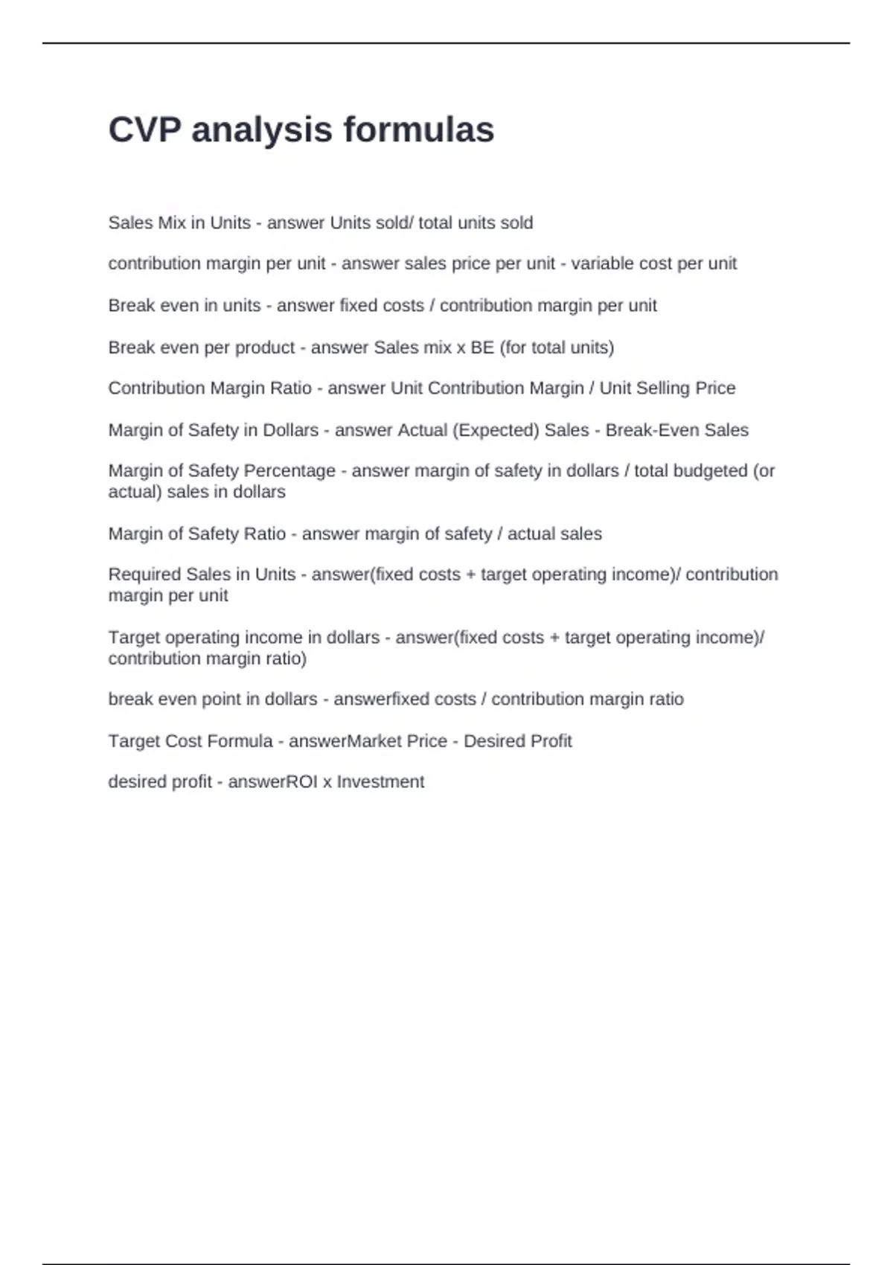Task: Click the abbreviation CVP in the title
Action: tap(145, 129)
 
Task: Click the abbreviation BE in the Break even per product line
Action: tap(482, 348)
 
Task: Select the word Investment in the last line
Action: tap(380, 782)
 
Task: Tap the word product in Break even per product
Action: tap(265, 348)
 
